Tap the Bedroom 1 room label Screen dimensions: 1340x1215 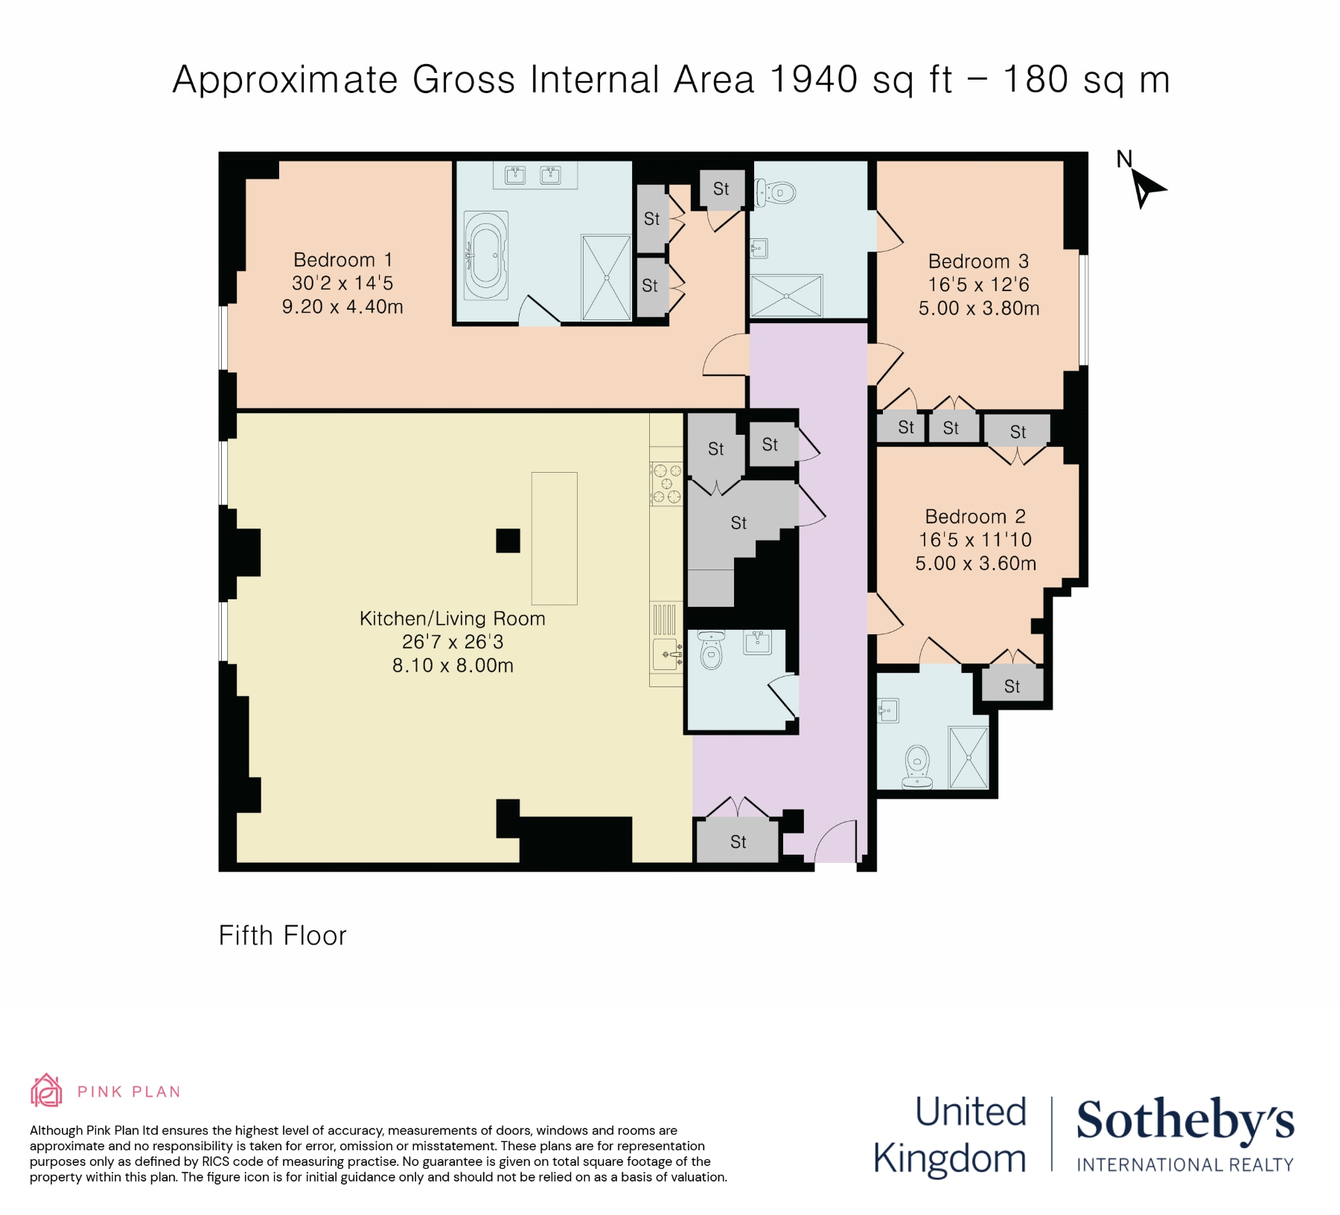pos(342,260)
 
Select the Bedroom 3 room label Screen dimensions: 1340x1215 pos(978,261)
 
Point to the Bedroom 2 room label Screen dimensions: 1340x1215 pos(975,517)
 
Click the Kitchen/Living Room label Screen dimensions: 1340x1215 pos(453,619)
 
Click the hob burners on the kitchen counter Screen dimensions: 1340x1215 pos(666,484)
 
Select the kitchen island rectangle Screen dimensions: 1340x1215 pos(554,538)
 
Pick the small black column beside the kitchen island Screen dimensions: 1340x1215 pos(508,540)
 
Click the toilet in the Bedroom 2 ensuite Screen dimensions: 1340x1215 pos(917,767)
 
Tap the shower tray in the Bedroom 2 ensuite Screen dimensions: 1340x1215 pos(969,757)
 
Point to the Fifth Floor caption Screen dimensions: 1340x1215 pos(283,936)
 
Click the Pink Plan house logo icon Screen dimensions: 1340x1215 pos(46,1091)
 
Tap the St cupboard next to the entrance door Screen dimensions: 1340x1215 pos(738,841)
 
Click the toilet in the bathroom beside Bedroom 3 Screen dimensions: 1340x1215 pos(774,193)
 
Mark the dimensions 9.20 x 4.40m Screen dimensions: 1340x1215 pos(342,307)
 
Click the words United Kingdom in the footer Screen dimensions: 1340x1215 pos(950,1135)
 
